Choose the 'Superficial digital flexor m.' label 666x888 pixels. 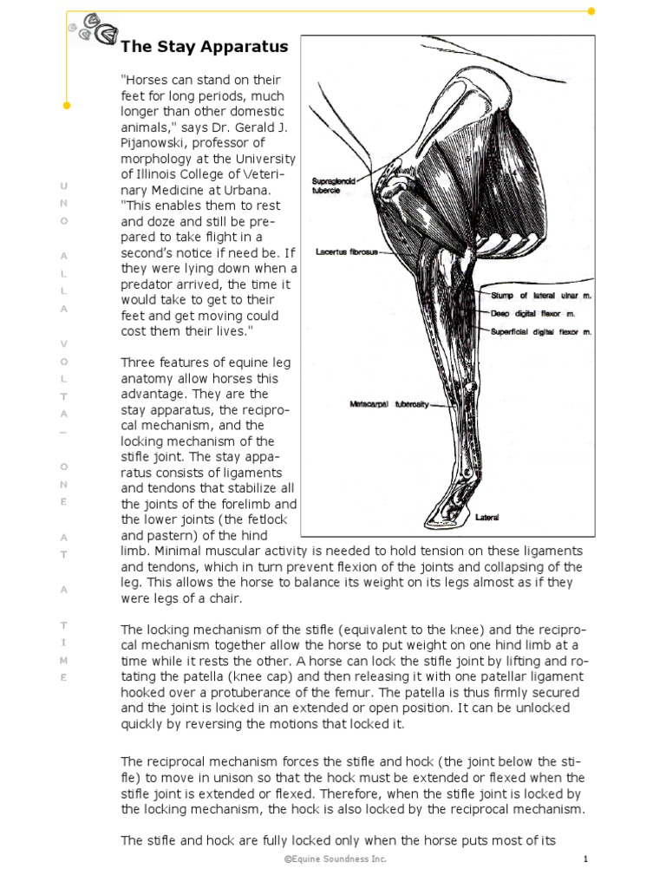click(x=541, y=331)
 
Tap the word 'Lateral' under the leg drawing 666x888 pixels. click(x=486, y=518)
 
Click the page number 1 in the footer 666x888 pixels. click(x=586, y=859)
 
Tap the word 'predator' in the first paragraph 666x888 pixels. click(x=150, y=284)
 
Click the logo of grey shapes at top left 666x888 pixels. click(x=94, y=30)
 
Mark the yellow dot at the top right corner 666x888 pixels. click(x=592, y=11)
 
